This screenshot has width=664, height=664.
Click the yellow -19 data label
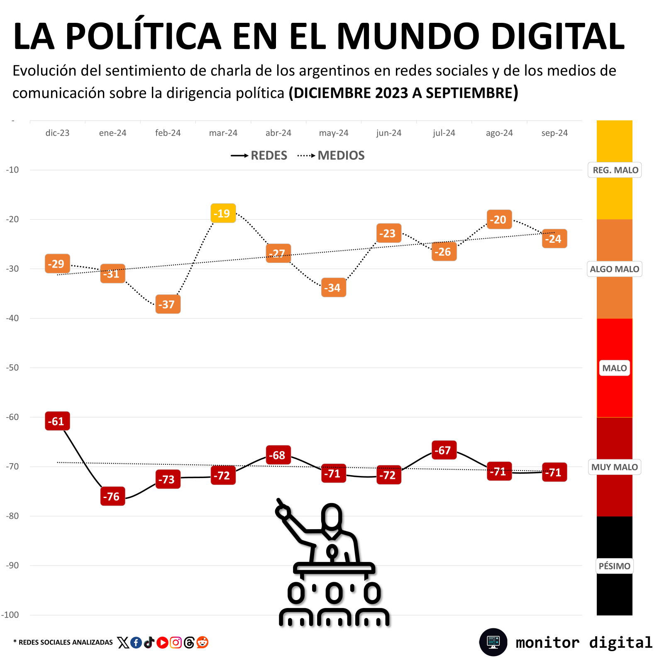click(223, 213)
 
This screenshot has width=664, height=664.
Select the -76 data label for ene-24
click(112, 496)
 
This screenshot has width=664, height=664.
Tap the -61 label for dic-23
click(57, 421)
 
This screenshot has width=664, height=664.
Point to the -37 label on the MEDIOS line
click(168, 304)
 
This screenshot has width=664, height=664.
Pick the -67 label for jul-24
click(444, 450)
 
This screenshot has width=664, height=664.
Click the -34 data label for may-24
click(333, 288)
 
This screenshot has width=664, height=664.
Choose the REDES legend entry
click(259, 156)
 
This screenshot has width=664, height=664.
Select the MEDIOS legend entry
click(332, 156)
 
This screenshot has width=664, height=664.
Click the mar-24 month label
click(223, 133)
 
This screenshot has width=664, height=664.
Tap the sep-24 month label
click(554, 133)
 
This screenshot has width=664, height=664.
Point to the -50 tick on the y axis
click(12, 368)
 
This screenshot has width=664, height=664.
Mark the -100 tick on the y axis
click(10, 615)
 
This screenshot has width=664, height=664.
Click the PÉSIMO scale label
click(614, 566)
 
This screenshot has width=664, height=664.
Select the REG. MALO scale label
click(615, 170)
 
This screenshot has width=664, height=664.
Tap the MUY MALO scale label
click(614, 467)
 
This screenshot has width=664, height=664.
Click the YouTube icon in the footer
click(162, 642)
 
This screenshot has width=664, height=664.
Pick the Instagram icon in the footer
click(176, 642)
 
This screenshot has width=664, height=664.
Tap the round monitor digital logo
click(493, 642)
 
